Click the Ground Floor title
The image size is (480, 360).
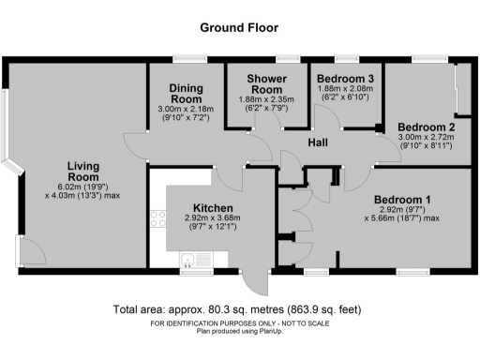[239, 28]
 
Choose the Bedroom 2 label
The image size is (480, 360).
[426, 127]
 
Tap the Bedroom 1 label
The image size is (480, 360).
[402, 200]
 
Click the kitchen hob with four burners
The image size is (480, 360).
[157, 223]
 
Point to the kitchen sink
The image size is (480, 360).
[190, 260]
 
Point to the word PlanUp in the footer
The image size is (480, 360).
[265, 331]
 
